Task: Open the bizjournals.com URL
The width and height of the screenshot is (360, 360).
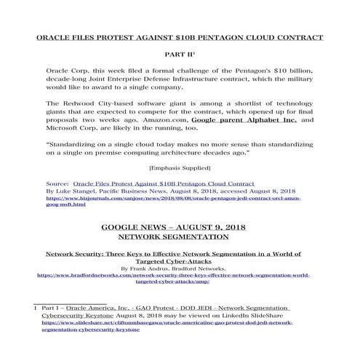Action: (x=174, y=201)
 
